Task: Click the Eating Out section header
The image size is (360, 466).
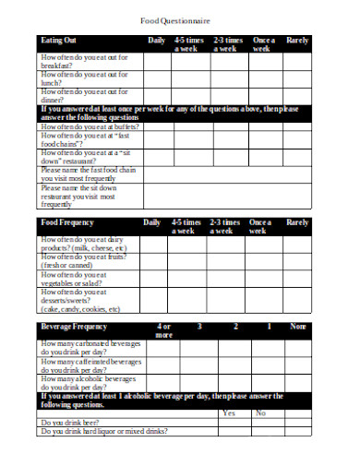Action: click(x=57, y=42)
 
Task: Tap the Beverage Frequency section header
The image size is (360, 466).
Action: click(x=73, y=328)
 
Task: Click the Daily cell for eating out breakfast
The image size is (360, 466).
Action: click(x=156, y=62)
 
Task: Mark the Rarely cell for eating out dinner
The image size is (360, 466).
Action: click(x=297, y=96)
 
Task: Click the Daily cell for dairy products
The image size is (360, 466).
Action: click(x=156, y=245)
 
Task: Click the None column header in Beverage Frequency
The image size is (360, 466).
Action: click(x=297, y=327)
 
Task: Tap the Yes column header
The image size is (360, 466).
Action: click(x=230, y=412)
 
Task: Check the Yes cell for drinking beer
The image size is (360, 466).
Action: click(x=230, y=423)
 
